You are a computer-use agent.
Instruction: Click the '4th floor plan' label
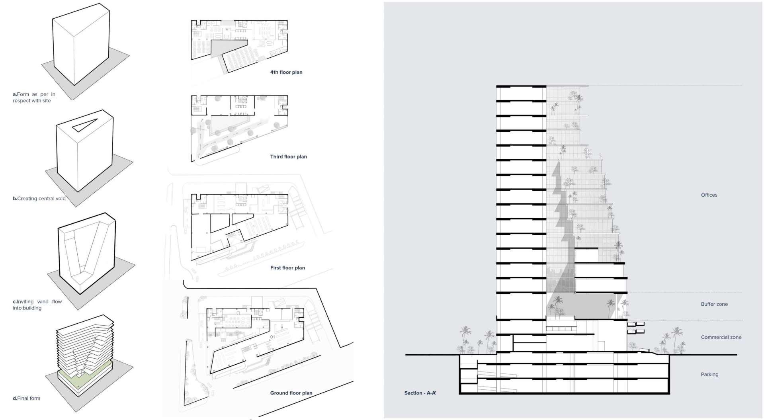(286, 72)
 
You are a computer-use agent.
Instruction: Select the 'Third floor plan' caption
(288, 157)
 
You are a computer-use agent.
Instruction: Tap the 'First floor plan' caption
(287, 268)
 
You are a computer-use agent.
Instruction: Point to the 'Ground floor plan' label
(291, 393)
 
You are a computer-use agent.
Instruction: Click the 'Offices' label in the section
(709, 195)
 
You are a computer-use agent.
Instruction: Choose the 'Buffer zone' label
(714, 304)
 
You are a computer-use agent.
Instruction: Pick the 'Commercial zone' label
(721, 337)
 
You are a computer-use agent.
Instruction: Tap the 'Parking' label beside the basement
(709, 375)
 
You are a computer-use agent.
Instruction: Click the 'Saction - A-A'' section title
(420, 393)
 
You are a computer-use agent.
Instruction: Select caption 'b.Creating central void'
(39, 199)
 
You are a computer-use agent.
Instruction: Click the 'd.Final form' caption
(26, 399)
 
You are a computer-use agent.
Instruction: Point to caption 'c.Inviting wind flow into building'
(37, 305)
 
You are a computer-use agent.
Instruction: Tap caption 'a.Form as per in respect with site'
(34, 98)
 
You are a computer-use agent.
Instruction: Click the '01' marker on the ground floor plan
(272, 337)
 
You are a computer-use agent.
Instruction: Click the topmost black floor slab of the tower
(521, 86)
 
